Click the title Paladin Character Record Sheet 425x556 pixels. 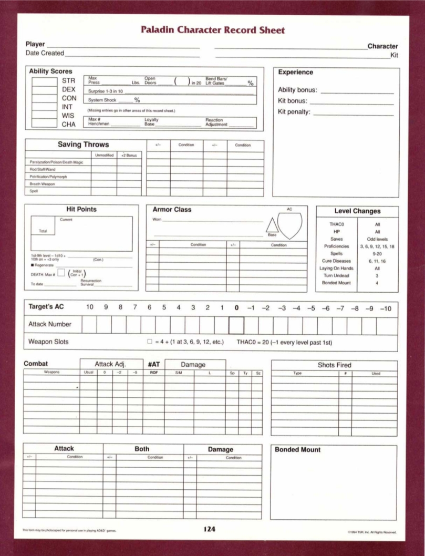pyautogui.click(x=213, y=30)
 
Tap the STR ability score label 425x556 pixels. pyautogui.click(x=69, y=81)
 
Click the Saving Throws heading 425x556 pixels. pyautogui.click(x=83, y=145)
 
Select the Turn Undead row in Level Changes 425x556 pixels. pyautogui.click(x=336, y=276)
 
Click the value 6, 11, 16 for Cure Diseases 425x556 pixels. pyautogui.click(x=377, y=261)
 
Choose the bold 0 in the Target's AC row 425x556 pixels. pyautogui.click(x=236, y=308)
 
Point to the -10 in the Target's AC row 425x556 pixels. pyautogui.click(x=385, y=308)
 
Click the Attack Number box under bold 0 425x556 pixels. pyautogui.click(x=236, y=325)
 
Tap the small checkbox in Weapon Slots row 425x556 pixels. pyautogui.click(x=150, y=342)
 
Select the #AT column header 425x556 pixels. pyautogui.click(x=154, y=364)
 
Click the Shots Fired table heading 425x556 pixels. pyautogui.click(x=334, y=365)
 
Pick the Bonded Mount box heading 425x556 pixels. pyautogui.click(x=298, y=450)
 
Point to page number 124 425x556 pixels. pyautogui.click(x=209, y=529)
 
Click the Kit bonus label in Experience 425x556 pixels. pyautogui.click(x=293, y=101)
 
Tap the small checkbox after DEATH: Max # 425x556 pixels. pyautogui.click(x=61, y=272)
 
